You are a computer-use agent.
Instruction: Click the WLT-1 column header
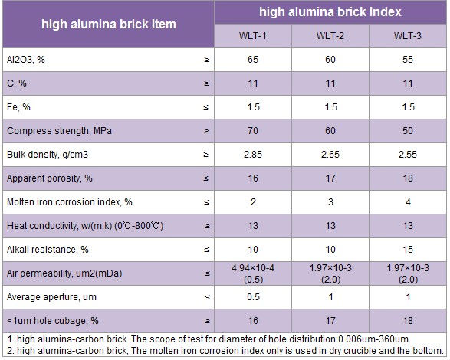point(252,36)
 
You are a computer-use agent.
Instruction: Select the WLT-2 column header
point(330,36)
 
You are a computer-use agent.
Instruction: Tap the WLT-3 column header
point(408,36)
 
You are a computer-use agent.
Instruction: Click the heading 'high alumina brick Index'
point(330,12)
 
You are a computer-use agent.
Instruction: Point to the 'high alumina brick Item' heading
point(109,24)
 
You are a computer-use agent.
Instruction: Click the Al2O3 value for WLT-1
point(253,60)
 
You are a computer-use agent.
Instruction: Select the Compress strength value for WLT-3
point(408,131)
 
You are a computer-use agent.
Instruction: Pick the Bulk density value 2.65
point(330,155)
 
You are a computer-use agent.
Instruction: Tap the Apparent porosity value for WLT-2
point(330,178)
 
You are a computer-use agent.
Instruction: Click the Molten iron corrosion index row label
point(70,202)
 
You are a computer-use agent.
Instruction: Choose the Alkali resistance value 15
point(408,250)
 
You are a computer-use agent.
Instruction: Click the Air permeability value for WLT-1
point(253,273)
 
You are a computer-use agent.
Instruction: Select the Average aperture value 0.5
point(253,297)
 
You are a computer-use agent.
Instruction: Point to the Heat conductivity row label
point(85,226)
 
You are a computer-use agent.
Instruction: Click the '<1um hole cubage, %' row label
point(53,321)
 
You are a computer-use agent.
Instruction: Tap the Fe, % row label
point(18,107)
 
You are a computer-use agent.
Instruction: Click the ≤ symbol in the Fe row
point(205,107)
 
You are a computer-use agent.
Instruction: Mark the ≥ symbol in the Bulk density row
point(205,155)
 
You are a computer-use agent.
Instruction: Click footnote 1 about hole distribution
point(208,339)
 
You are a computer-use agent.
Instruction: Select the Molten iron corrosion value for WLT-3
point(408,202)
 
